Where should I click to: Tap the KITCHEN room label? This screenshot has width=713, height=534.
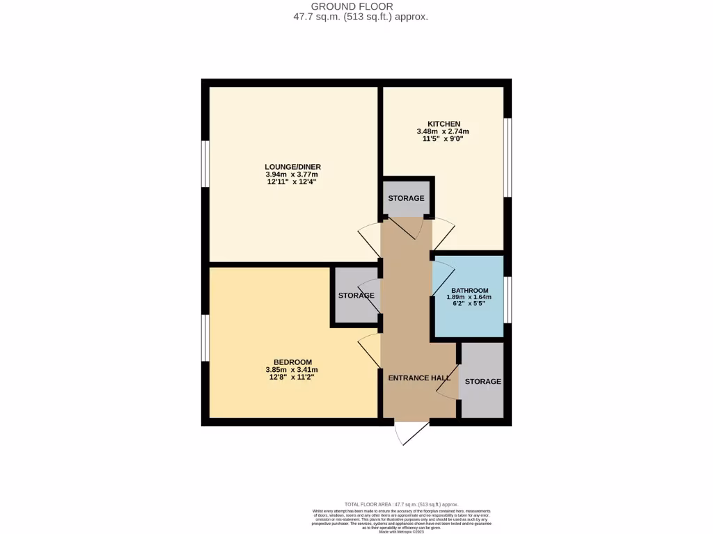[x=443, y=124]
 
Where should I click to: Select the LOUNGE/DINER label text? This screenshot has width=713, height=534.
[x=292, y=167]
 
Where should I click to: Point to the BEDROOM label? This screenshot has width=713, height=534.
[x=292, y=362]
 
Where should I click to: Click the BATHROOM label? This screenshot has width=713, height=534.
[x=469, y=291]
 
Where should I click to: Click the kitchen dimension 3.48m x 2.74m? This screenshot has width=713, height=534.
[x=443, y=131]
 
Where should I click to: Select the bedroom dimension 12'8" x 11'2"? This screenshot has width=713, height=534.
[x=292, y=377]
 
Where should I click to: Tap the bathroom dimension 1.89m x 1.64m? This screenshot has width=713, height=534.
[x=469, y=298]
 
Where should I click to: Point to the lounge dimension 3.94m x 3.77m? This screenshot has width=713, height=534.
[x=292, y=175]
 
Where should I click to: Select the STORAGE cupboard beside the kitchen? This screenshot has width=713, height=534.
[x=406, y=198]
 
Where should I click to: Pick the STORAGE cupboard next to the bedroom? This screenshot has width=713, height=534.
[x=356, y=296]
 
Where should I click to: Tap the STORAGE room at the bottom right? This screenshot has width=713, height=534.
[x=483, y=381]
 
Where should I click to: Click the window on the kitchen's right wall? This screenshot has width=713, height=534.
[x=508, y=157]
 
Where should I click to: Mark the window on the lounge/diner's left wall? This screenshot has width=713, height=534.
[x=205, y=164]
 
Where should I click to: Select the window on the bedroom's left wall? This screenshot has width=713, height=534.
[x=205, y=338]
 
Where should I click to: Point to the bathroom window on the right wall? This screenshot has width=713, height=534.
[x=508, y=300]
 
